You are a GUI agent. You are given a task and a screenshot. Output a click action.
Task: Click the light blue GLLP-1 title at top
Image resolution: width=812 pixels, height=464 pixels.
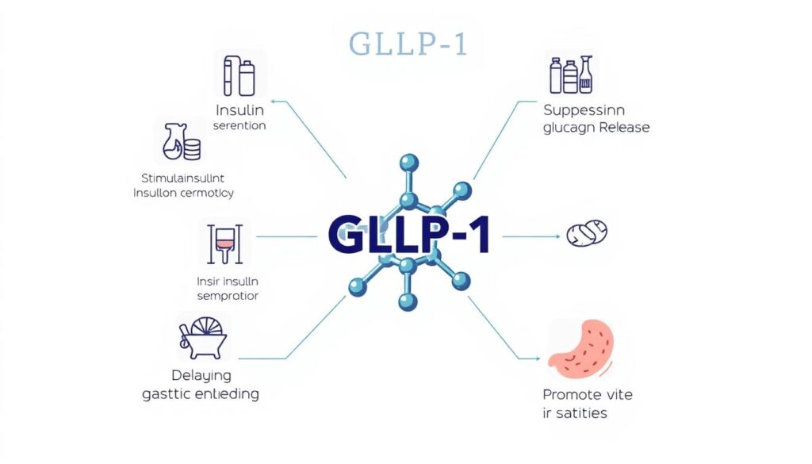[x=408, y=46]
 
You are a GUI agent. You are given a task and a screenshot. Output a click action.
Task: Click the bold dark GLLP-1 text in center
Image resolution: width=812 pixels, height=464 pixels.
[x=408, y=235]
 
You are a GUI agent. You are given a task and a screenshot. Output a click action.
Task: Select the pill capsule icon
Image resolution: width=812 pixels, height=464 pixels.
[x=587, y=233]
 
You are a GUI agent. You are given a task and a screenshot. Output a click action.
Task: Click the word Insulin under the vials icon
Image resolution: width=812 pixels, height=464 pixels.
[x=239, y=110]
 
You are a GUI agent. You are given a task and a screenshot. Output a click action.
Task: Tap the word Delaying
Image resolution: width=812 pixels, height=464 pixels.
[x=201, y=375]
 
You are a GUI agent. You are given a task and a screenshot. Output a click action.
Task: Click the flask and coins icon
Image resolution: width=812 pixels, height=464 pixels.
[x=181, y=143]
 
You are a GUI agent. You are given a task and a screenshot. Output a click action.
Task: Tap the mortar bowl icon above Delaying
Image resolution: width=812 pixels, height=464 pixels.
[x=203, y=337]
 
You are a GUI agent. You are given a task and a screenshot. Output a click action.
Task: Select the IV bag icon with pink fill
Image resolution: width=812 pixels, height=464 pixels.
[x=224, y=244]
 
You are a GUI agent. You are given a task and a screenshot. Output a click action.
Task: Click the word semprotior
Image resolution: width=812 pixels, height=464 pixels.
[x=228, y=297]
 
